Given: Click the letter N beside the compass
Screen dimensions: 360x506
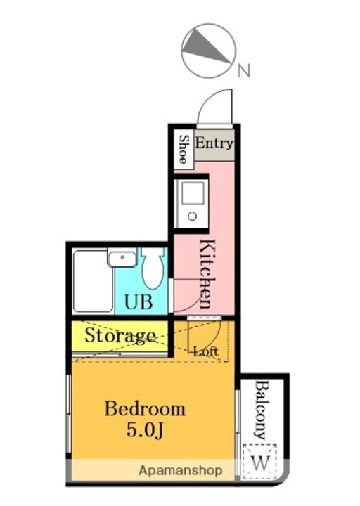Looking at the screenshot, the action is (x=244, y=71).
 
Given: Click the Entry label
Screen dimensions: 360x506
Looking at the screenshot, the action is (x=214, y=143).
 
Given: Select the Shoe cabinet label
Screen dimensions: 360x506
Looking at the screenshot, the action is (x=184, y=149).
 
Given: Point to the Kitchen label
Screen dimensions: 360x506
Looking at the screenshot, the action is (x=207, y=273).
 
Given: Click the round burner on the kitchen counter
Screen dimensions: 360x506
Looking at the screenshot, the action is (x=193, y=216).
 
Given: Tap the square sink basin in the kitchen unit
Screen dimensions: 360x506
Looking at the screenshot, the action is (x=193, y=193).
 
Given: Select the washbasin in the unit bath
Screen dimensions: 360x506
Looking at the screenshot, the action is (x=122, y=259).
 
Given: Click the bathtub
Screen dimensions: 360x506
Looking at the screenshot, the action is (x=93, y=281).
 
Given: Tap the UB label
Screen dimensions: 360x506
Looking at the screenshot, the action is (x=139, y=302).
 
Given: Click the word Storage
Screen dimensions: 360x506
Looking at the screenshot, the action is (x=120, y=336).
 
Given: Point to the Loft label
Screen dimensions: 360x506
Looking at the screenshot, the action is (x=206, y=351).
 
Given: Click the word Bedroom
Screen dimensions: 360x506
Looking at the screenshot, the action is (x=145, y=409).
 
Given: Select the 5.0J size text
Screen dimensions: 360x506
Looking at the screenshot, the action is (x=146, y=430).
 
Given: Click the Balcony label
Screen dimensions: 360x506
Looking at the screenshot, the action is (x=262, y=410).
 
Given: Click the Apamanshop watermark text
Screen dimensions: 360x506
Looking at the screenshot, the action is (x=180, y=471).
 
